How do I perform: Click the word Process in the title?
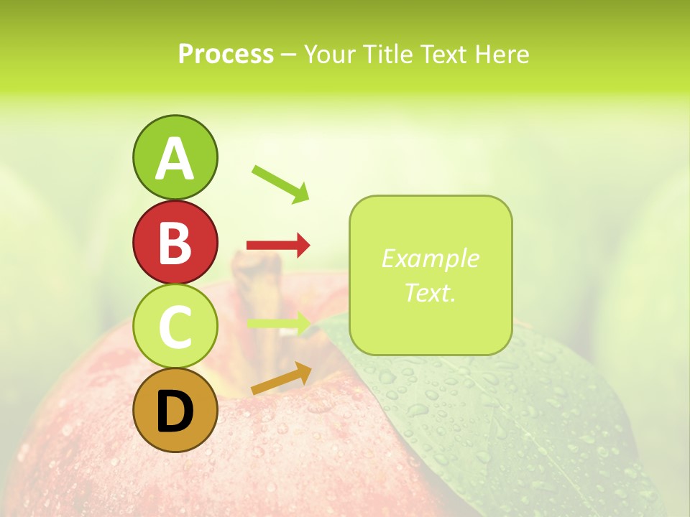226,54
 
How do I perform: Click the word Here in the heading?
502,54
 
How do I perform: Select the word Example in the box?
430,258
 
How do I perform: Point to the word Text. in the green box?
430,292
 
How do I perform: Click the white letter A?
175,159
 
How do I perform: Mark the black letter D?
175,411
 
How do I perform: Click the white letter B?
175,243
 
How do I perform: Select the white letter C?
175,327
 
